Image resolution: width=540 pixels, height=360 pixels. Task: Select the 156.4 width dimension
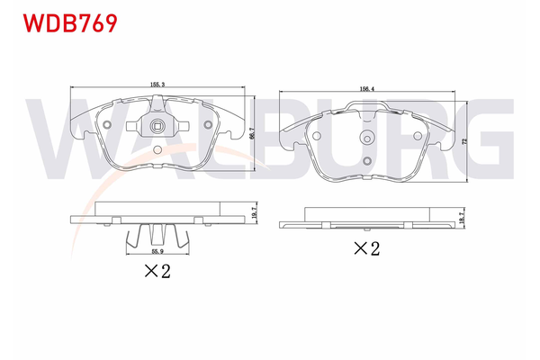coord(368,88)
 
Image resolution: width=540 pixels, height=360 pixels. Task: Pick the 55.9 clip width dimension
coord(158,254)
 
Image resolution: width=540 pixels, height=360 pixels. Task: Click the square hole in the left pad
coord(158,125)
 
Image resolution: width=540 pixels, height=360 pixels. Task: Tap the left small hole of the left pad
coord(106,125)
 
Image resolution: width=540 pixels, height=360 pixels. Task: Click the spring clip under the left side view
coord(158,237)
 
